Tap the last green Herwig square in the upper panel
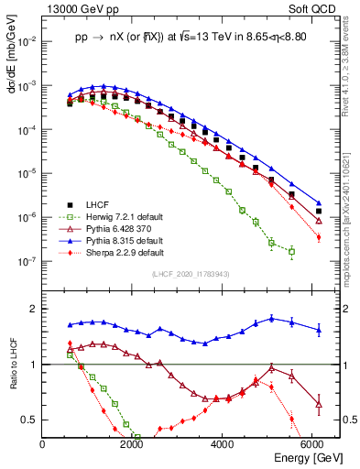tap(291, 251)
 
